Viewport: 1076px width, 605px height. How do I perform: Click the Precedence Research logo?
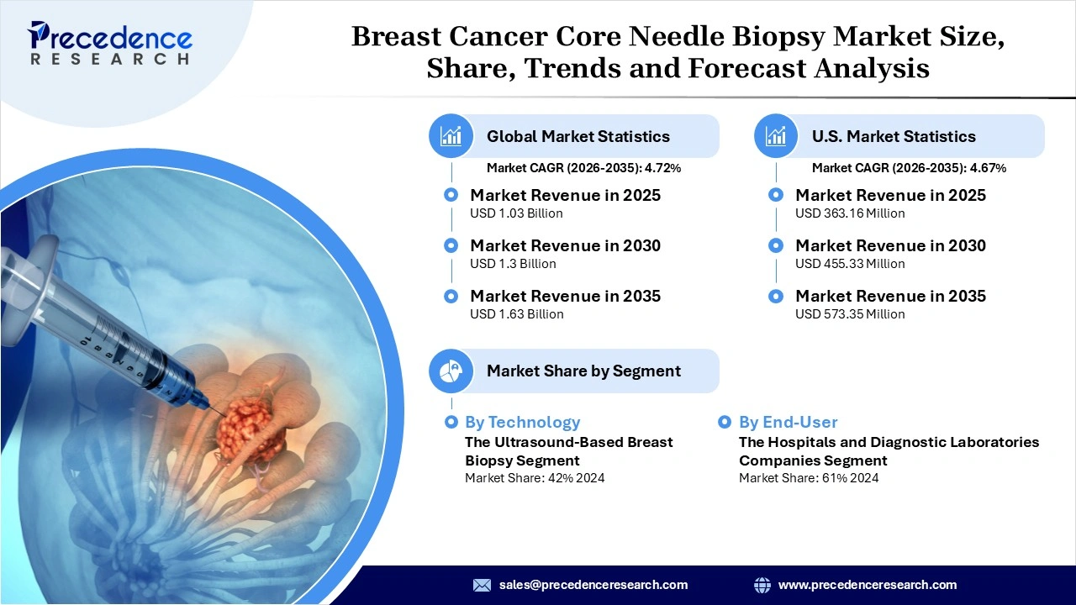click(109, 43)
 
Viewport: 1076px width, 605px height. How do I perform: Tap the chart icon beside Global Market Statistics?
click(451, 136)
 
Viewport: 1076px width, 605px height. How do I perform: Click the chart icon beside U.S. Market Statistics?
click(776, 136)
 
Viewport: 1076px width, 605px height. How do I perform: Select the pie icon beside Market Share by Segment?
click(451, 371)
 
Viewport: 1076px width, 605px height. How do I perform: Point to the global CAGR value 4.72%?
click(662, 168)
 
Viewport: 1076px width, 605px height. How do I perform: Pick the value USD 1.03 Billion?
click(516, 213)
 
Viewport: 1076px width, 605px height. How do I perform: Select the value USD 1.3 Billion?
click(513, 264)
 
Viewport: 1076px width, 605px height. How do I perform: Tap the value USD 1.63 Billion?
click(516, 314)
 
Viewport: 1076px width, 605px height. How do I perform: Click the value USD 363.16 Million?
click(850, 213)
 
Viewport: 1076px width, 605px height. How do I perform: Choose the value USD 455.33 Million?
click(850, 264)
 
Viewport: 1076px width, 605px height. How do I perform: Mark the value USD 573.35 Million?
click(850, 314)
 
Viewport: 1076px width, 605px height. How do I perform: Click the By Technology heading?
click(522, 422)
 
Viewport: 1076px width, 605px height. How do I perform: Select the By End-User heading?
click(788, 422)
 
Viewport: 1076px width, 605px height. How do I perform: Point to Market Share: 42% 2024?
click(535, 478)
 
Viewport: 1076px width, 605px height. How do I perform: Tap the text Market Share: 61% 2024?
click(809, 478)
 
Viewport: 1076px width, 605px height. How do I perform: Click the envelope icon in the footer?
click(482, 585)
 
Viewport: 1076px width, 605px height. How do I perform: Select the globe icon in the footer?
click(762, 585)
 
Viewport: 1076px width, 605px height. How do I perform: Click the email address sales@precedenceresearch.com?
click(593, 585)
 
